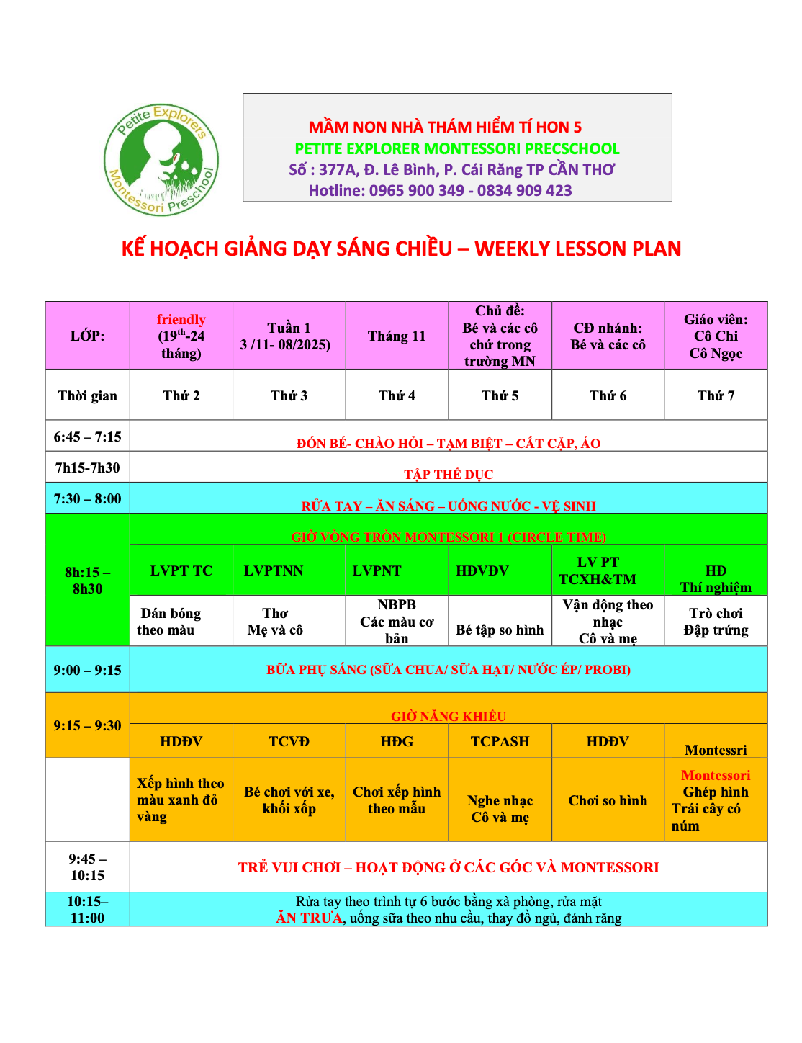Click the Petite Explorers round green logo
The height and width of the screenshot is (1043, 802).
[x=161, y=159]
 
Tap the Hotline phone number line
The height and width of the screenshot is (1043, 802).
[x=440, y=191]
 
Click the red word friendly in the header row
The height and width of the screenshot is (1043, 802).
[x=181, y=319]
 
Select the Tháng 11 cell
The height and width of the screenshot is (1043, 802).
[x=397, y=336]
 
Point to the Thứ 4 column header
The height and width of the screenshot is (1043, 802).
[x=397, y=395]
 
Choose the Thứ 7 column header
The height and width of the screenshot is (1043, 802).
[x=716, y=395]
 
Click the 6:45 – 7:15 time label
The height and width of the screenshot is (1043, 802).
[x=88, y=437]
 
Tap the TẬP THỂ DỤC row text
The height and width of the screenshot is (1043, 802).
[x=449, y=474]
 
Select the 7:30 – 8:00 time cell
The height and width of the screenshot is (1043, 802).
[x=88, y=498]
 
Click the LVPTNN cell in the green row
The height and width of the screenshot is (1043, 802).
[x=274, y=570]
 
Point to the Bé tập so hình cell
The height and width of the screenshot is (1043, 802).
[x=500, y=630]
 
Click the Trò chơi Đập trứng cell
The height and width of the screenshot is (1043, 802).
[x=716, y=621]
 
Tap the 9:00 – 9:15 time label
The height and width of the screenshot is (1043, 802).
[x=88, y=670]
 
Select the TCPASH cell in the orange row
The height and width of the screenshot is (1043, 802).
[x=500, y=741]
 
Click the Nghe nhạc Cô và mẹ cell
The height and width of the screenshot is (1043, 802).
[x=500, y=808]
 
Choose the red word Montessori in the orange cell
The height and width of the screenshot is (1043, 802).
[x=716, y=775]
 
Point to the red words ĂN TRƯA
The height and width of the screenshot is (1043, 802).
[x=310, y=918]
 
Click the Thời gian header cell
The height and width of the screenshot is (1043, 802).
[x=88, y=395]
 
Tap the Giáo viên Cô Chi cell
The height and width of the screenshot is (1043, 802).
[x=716, y=336]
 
